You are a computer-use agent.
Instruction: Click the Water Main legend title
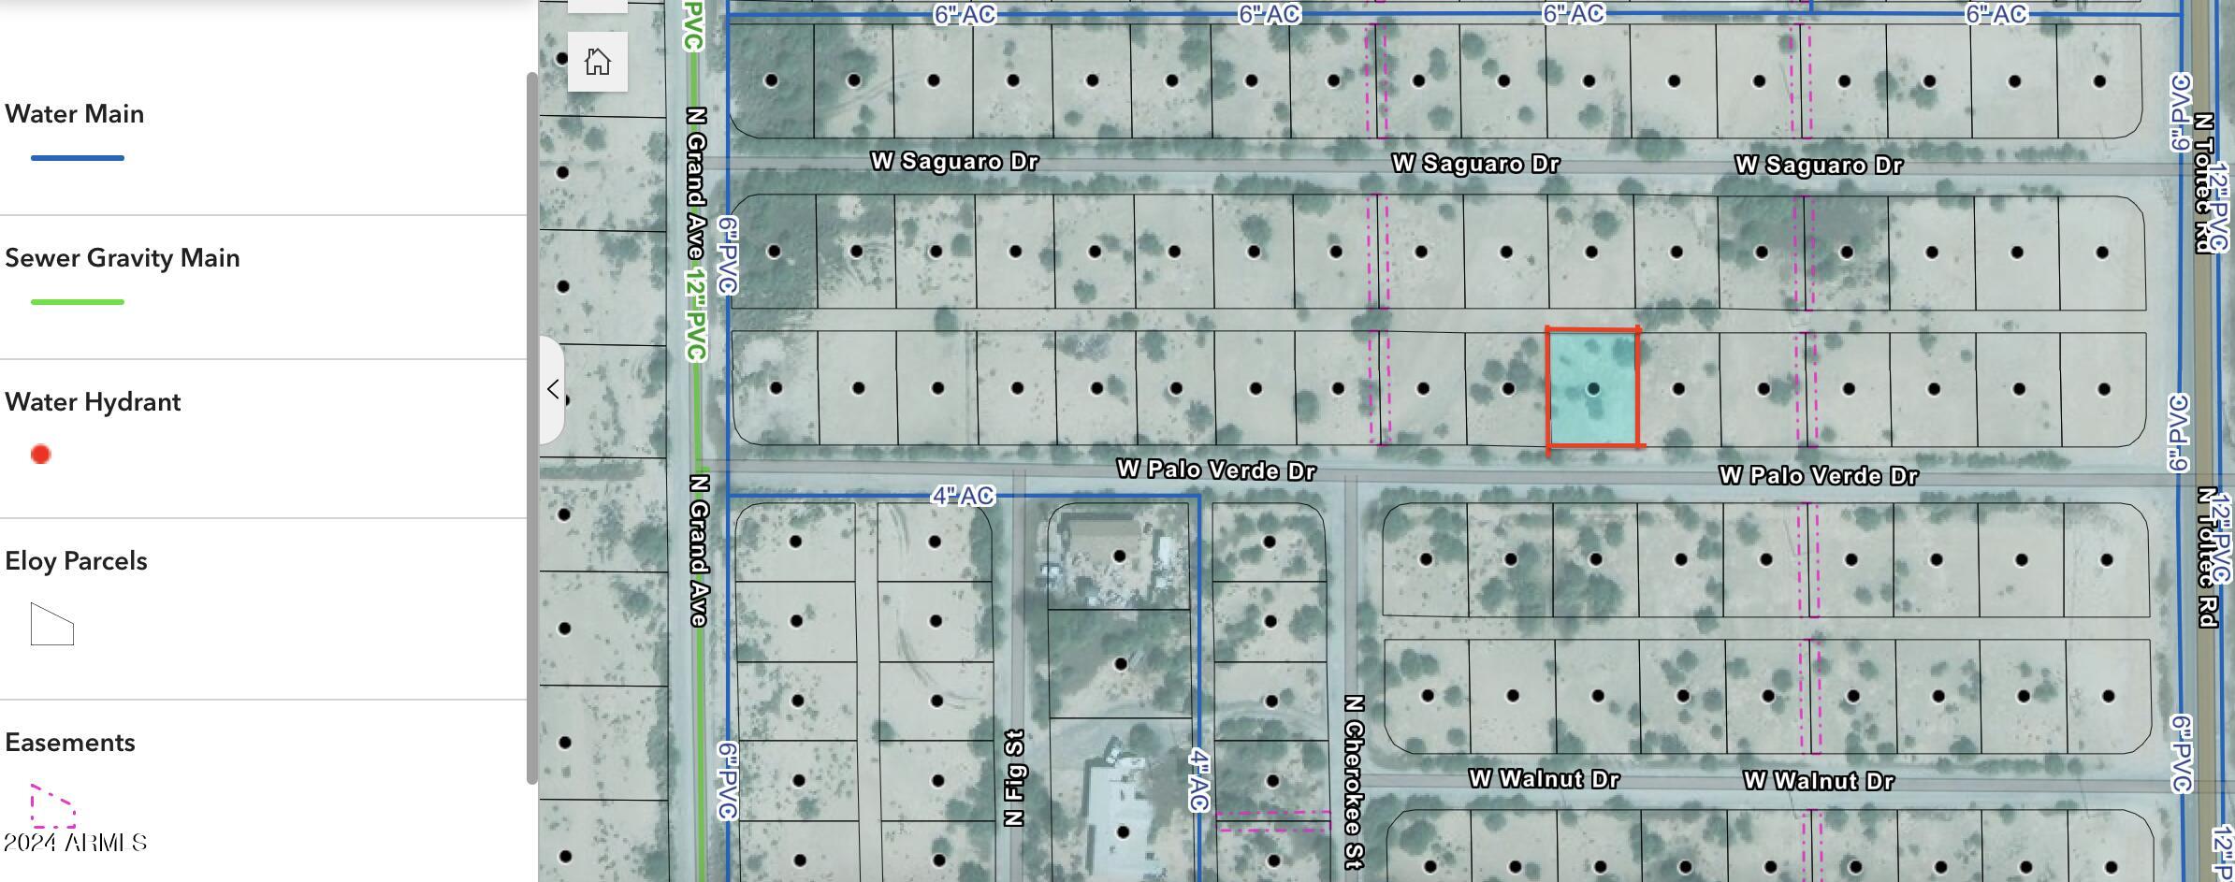[x=75, y=114]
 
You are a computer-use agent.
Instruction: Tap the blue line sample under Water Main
[x=78, y=158]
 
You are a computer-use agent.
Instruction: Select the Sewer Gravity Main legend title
[x=123, y=258]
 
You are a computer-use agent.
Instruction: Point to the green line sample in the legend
[x=78, y=302]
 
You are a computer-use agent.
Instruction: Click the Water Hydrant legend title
[x=93, y=402]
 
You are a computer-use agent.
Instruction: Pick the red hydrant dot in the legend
[x=40, y=455]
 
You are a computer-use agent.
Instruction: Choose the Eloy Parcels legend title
[x=76, y=561]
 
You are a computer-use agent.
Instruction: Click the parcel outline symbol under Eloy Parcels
[x=51, y=625]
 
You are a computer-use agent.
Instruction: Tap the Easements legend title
[x=70, y=743]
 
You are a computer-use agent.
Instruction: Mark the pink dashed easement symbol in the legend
[x=52, y=807]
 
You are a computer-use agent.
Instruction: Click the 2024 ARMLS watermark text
[x=75, y=843]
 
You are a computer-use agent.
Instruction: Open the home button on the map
[x=598, y=62]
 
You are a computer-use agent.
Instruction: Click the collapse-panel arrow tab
[x=553, y=389]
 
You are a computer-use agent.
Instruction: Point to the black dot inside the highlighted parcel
[x=1593, y=388]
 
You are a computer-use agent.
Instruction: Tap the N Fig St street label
[x=1015, y=778]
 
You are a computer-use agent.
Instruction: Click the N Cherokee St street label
[x=1353, y=782]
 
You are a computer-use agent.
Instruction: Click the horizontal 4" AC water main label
[x=963, y=496]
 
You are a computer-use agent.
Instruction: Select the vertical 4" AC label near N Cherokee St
[x=1198, y=778]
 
